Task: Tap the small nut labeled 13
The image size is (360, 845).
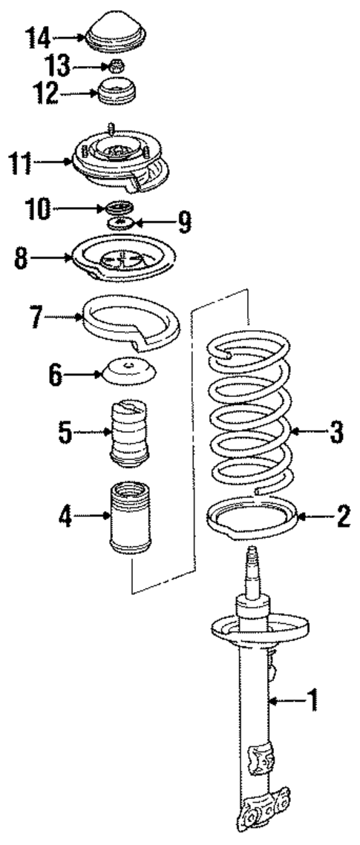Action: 115,68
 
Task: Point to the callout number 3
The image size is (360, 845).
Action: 336,432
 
